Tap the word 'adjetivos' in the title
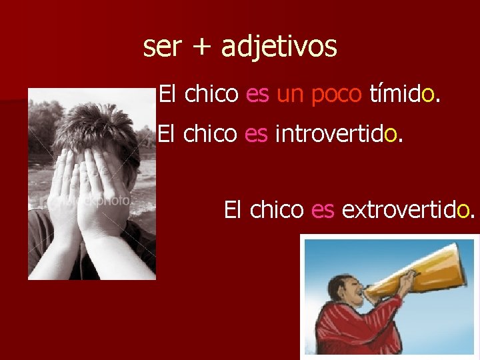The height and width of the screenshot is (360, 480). point(279,47)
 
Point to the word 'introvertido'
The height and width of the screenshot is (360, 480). point(337,135)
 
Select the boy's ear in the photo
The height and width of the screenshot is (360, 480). point(133,160)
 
